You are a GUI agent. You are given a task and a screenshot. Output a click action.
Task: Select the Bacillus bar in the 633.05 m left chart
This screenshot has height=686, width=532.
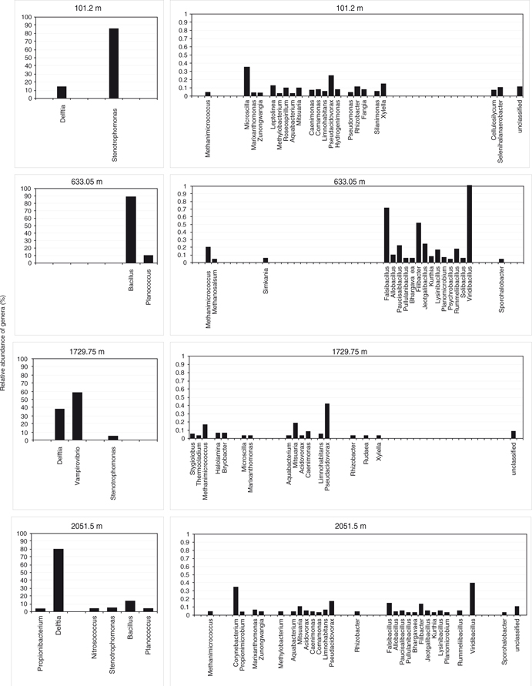pos(131,229)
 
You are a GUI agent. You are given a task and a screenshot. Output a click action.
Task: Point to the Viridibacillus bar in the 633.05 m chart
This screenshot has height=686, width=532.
pos(470,224)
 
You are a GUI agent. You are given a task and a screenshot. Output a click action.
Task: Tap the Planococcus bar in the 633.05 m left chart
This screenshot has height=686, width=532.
pos(149,259)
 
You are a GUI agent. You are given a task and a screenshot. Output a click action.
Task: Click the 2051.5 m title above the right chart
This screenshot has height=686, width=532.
pos(346,527)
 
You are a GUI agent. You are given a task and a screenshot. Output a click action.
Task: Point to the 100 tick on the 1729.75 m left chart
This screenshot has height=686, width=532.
pos(26,359)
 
